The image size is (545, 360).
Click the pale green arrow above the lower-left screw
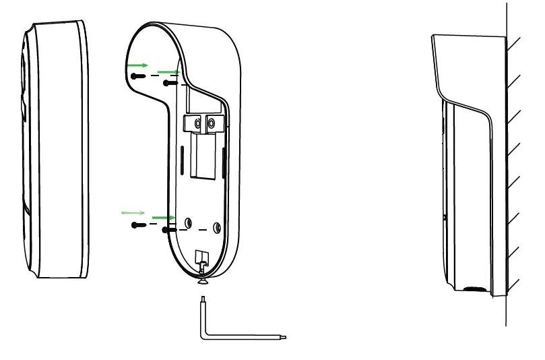point(132,212)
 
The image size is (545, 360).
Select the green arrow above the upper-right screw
point(168,71)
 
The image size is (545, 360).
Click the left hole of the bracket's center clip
point(197,123)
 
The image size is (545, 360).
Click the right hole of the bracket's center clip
point(212,123)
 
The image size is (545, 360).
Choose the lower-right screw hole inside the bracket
point(217,227)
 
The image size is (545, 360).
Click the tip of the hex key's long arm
point(286,338)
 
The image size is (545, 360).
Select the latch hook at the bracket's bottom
point(201,257)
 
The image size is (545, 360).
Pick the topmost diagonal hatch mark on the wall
point(514,44)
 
